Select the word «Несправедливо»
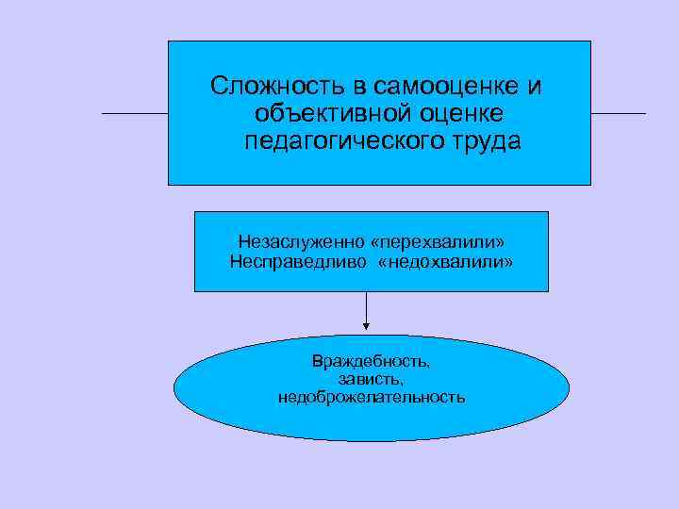click(287, 261)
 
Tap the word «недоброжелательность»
click(371, 397)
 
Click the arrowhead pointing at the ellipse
click(366, 327)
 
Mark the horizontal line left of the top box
click(135, 113)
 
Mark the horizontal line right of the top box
click(618, 114)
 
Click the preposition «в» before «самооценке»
click(358, 87)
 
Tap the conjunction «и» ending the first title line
click(535, 87)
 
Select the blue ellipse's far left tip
click(175, 388)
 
